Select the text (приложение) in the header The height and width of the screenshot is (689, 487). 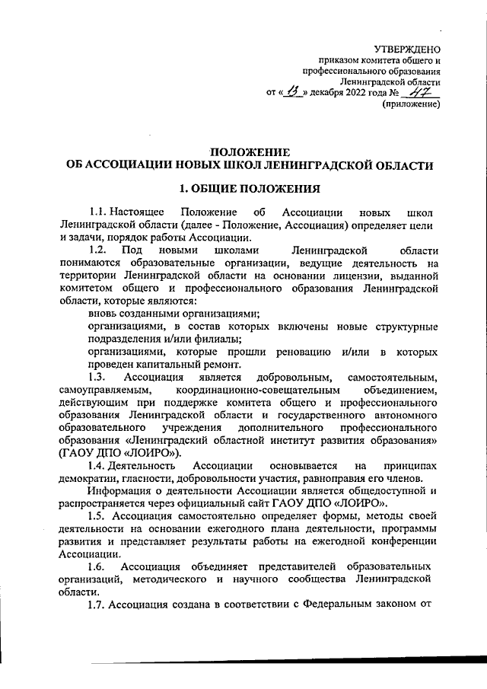click(411, 106)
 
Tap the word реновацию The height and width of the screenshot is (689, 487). click(302, 352)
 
